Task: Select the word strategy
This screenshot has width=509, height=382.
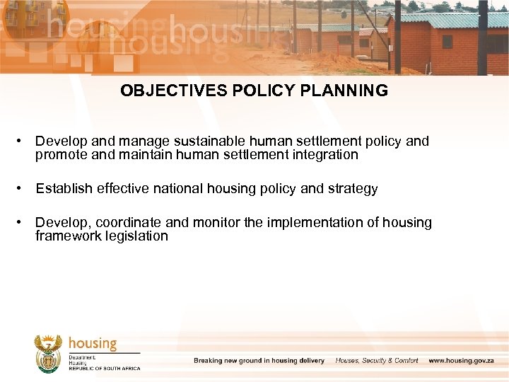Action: pyautogui.click(x=353, y=189)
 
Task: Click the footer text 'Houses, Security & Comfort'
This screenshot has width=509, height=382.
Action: pyautogui.click(x=377, y=361)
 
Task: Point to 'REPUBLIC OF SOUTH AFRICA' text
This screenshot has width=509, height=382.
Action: pyautogui.click(x=105, y=369)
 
